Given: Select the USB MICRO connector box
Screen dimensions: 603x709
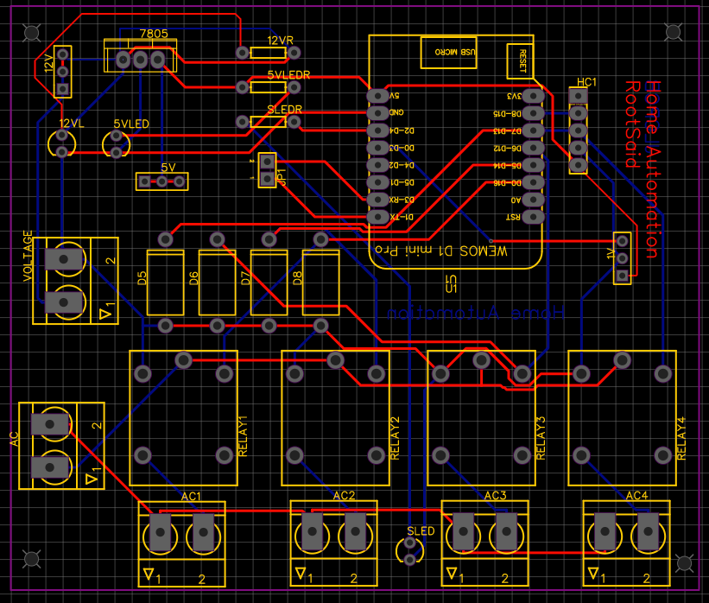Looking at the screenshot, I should coord(447,52).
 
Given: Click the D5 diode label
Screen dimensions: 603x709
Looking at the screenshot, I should coord(142,278).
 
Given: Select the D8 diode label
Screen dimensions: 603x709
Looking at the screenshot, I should coord(298,278).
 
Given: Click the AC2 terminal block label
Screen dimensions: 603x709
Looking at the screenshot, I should coord(343,496).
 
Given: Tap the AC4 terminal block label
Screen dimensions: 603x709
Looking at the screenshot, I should coord(636,496).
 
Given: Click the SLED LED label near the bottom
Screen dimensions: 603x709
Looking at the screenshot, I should coord(421,531).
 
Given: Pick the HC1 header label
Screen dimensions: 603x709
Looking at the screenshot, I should coord(586,82).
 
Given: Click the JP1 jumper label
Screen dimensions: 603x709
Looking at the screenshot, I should coord(282,178).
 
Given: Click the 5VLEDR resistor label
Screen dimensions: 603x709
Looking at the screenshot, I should coord(288,75).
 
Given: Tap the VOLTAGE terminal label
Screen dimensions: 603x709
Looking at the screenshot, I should coord(28,257).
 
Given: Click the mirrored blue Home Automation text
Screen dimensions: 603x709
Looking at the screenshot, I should coord(474,312).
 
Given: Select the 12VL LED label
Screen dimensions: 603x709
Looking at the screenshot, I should coord(71,124).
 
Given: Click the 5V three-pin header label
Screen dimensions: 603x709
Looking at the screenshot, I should coord(168,167).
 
